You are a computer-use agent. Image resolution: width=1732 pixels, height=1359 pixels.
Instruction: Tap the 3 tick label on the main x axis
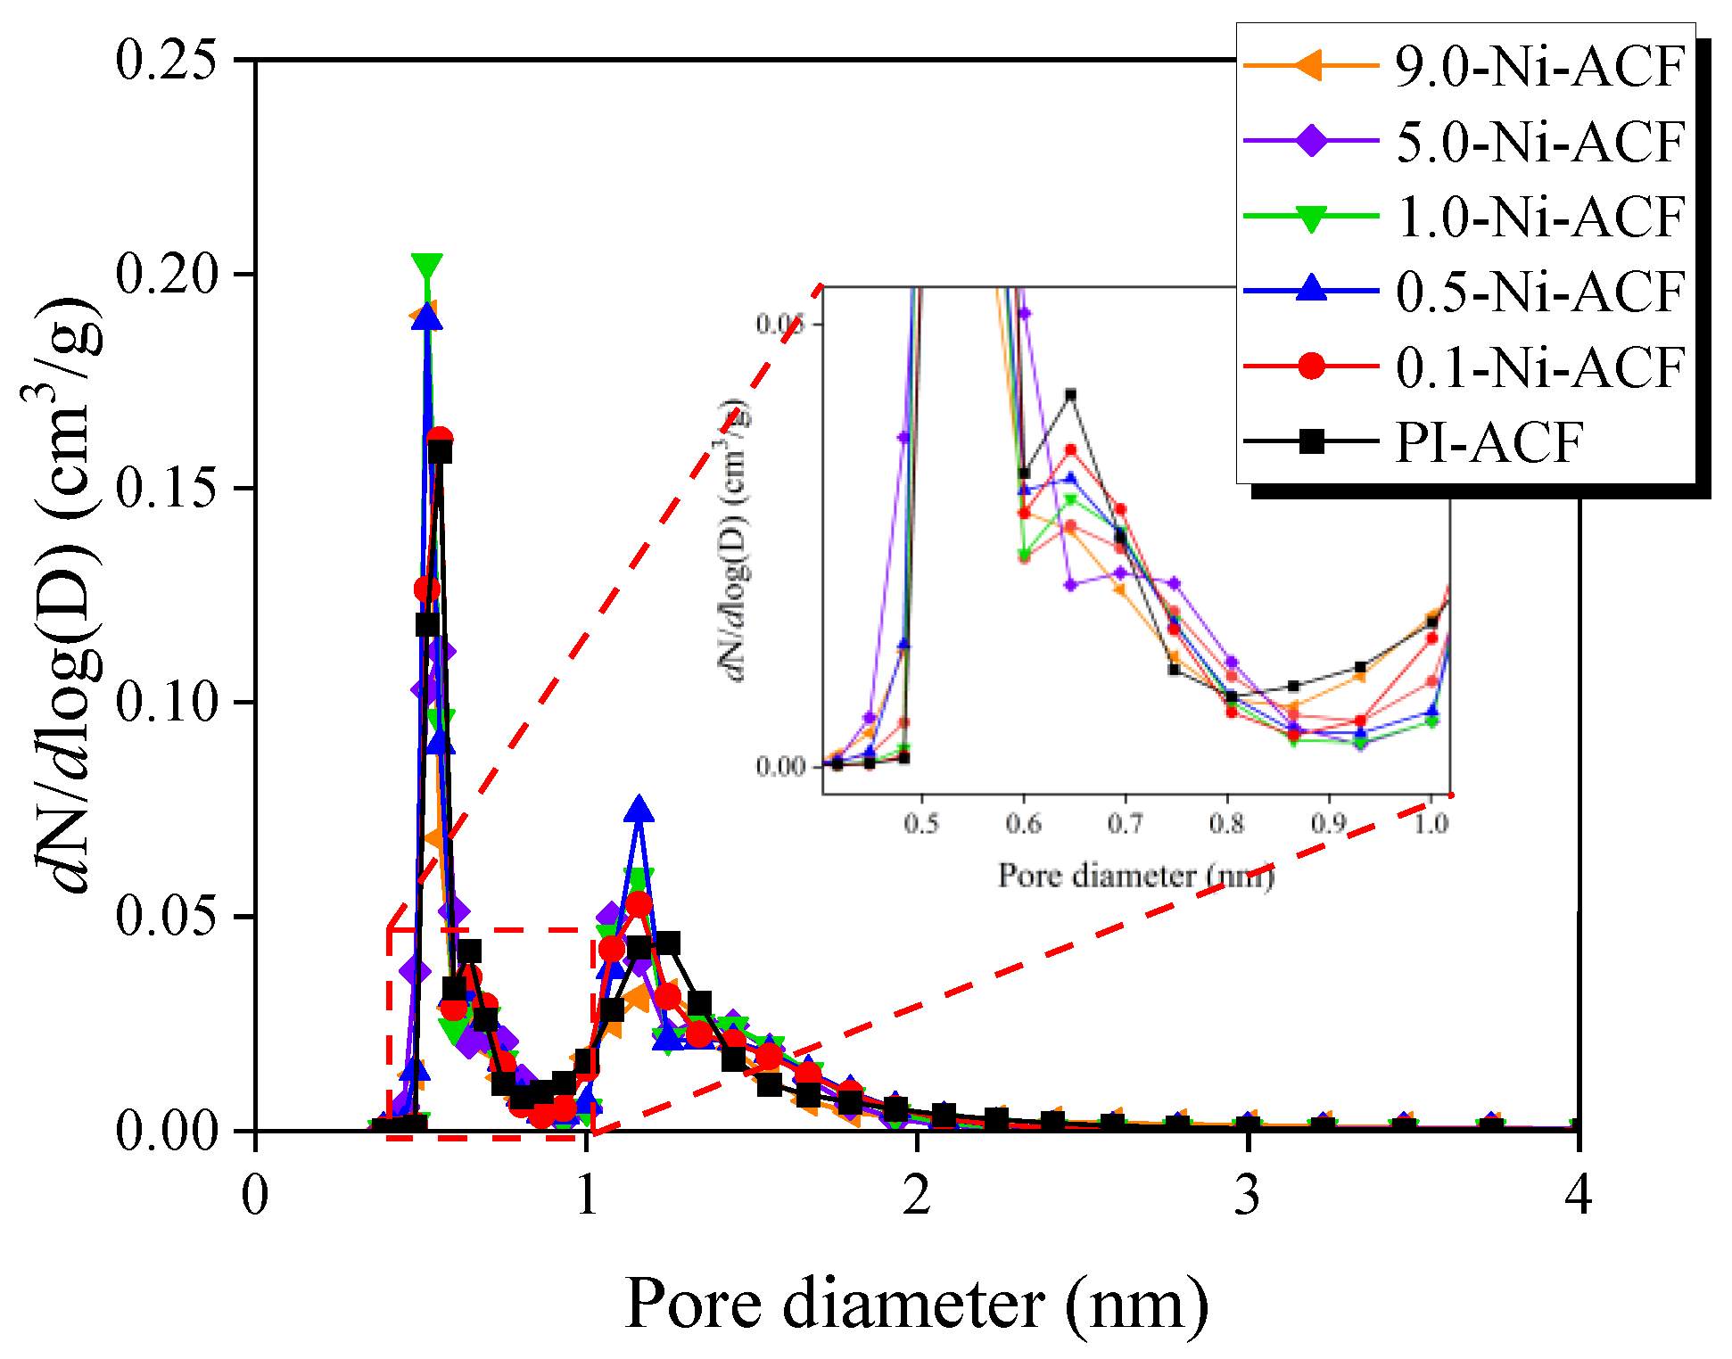tap(1248, 1195)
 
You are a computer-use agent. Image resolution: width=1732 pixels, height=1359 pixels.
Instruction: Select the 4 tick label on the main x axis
tap(1578, 1195)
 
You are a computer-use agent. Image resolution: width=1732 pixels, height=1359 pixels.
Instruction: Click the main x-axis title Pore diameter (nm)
tap(916, 1304)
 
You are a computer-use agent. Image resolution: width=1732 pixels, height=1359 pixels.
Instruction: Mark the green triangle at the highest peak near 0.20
tap(427, 267)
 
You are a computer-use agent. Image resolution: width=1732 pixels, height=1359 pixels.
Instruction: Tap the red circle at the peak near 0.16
tap(439, 439)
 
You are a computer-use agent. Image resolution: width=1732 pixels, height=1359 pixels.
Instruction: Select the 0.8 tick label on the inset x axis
tap(1227, 823)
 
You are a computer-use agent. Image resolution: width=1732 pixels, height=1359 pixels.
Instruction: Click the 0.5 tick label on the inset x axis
tap(921, 823)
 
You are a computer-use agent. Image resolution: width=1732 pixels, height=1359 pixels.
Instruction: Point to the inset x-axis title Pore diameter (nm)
tap(1135, 876)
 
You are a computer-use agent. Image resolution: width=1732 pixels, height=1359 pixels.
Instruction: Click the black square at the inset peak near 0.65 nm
tap(1071, 394)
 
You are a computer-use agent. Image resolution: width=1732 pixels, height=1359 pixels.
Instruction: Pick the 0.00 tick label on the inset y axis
tap(780, 767)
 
